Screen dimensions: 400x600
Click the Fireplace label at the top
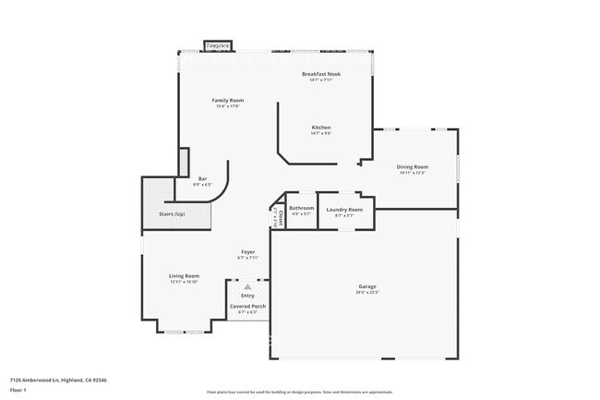coord(218,44)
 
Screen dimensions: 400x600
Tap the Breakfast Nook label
coord(321,73)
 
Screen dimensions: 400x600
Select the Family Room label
coord(227,100)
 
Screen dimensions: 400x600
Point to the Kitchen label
coord(321,127)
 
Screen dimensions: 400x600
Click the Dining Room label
coord(412,166)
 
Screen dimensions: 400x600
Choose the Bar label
coord(202,178)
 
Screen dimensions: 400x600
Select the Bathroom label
coord(302,209)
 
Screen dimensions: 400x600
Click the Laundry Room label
coord(344,210)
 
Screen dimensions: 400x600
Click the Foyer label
coord(247,251)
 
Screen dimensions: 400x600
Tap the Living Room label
coord(184,276)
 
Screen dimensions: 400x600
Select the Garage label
coord(367,286)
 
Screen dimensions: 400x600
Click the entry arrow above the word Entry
coord(247,286)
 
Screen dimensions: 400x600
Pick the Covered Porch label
coord(247,306)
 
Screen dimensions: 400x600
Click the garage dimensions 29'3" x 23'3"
coord(367,293)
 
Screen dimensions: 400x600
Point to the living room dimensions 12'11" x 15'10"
coord(184,283)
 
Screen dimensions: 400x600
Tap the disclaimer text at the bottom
coord(300,392)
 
